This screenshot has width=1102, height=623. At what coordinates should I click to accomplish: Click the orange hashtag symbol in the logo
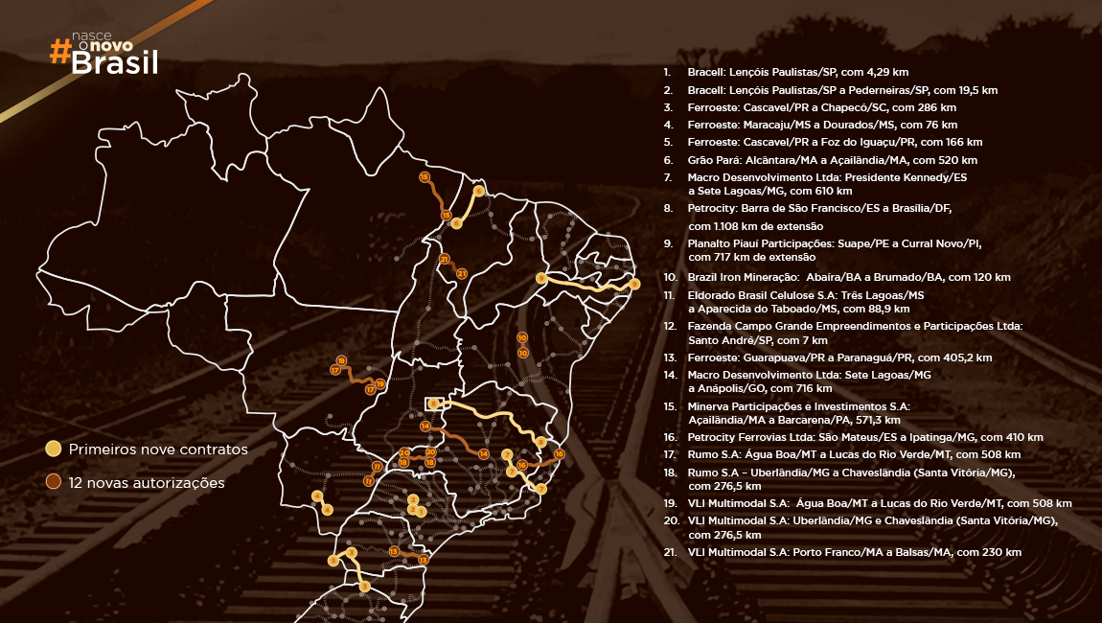click(x=59, y=53)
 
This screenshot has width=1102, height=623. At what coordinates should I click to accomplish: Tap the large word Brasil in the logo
click(x=115, y=64)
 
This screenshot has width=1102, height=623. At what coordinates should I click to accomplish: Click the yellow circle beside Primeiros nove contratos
click(x=54, y=449)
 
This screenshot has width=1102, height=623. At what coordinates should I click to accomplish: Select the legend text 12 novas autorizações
click(x=147, y=483)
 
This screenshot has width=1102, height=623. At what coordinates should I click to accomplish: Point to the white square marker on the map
click(x=432, y=404)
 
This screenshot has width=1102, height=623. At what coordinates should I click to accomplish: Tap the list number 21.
click(x=669, y=552)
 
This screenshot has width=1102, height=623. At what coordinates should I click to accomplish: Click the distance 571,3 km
click(x=880, y=420)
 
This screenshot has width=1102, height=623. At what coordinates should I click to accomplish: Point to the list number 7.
click(x=667, y=177)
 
